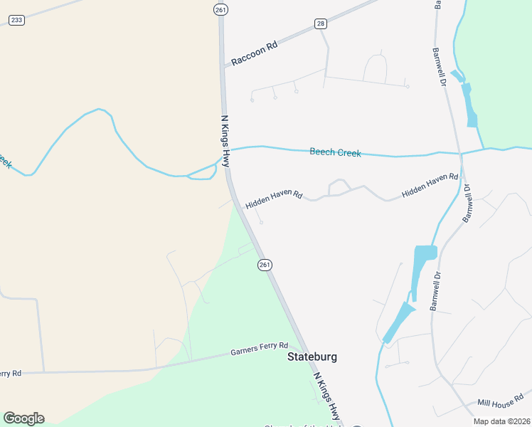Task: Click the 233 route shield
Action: click(x=16, y=20)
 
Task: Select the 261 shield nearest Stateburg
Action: click(x=264, y=265)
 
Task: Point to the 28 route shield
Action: click(x=321, y=23)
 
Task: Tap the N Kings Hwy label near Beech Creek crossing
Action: click(x=225, y=142)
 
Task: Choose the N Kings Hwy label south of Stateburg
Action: click(x=326, y=396)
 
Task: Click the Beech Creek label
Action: click(x=335, y=152)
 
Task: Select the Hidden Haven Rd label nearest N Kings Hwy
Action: click(x=274, y=199)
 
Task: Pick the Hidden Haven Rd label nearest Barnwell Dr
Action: click(x=430, y=184)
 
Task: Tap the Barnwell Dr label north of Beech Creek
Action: click(x=440, y=68)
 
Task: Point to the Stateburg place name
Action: click(x=312, y=357)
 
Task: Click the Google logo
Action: click(x=23, y=418)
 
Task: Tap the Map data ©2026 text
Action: click(x=502, y=421)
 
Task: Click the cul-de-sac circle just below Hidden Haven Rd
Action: click(x=261, y=222)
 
